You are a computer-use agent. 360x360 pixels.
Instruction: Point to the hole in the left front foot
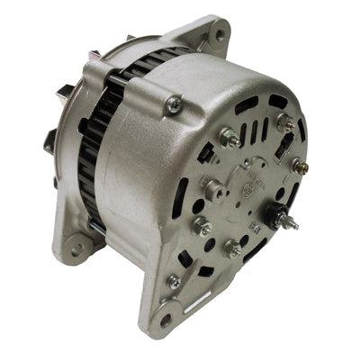click(x=76, y=249)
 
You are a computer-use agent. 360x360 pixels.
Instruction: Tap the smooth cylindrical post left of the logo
click(x=212, y=188)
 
